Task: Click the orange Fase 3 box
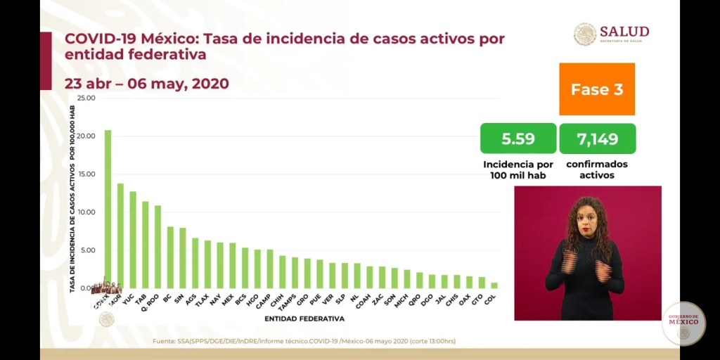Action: (597, 89)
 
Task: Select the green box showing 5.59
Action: (518, 139)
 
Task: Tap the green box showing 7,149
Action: (598, 139)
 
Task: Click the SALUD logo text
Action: (624, 32)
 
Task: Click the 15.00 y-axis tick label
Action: (86, 174)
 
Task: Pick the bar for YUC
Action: (132, 240)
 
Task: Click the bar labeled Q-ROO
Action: (157, 247)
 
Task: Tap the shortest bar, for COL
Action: (494, 285)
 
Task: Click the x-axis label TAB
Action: (141, 298)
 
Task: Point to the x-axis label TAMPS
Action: (286, 302)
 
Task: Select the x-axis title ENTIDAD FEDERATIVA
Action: (304, 319)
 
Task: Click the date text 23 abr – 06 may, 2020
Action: (147, 84)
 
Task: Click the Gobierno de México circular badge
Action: (683, 323)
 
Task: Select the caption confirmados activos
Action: (597, 169)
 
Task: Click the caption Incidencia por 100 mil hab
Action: (518, 169)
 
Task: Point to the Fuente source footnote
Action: (304, 341)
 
